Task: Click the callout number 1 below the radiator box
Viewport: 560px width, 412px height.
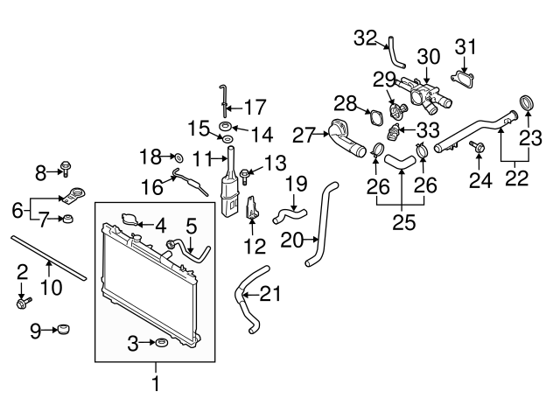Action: pyautogui.click(x=157, y=382)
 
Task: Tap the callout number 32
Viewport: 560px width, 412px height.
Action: pyautogui.click(x=365, y=37)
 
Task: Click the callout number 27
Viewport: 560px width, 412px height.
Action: pyautogui.click(x=304, y=136)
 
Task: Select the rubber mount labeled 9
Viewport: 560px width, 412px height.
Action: pyautogui.click(x=62, y=331)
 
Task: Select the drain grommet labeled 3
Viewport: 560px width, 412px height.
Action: pyautogui.click(x=160, y=342)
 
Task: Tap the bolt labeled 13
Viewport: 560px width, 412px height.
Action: pyautogui.click(x=246, y=175)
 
